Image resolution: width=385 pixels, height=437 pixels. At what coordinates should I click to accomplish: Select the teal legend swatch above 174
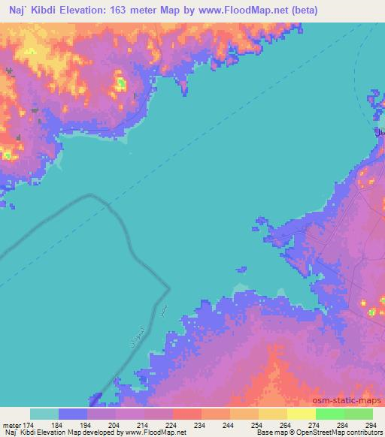click(44, 414)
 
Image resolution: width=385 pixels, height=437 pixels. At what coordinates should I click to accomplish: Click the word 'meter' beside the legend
click(13, 425)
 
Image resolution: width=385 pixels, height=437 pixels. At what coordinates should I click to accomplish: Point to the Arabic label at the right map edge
click(380, 132)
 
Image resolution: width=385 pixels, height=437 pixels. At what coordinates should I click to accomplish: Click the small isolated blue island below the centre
click(241, 268)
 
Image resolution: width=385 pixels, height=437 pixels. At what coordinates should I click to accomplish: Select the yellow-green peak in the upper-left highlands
click(119, 82)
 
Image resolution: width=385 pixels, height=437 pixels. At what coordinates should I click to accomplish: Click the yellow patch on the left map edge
click(6, 154)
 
